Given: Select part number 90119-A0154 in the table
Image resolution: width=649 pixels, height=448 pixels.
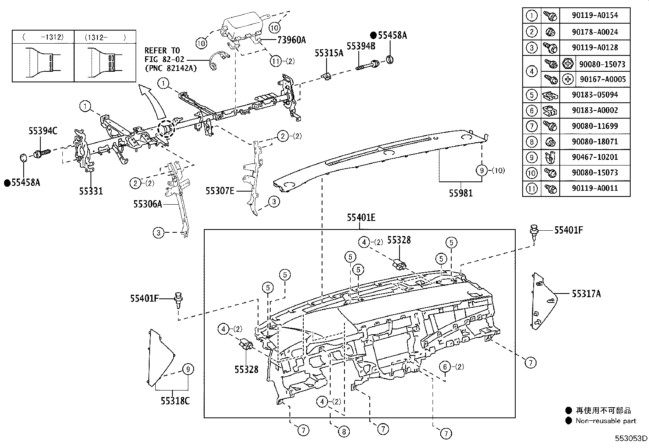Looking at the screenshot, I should coord(594,15).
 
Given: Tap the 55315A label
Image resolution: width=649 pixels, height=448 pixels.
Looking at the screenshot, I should coord(329,53).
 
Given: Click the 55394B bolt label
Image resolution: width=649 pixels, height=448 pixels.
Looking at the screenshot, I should coord(361,46).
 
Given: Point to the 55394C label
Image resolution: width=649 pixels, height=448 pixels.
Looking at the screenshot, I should coord(43,131).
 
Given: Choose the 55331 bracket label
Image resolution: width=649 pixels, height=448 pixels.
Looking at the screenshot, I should coord(91,190).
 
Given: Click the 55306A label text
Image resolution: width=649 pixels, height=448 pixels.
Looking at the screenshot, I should coord(148,204).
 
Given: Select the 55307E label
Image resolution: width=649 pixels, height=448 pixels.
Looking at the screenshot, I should coord(220,190).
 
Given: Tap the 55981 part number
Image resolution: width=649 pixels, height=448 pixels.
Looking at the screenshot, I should coord(461,193).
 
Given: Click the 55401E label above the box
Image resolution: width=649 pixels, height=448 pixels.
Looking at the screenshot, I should coord(361,218).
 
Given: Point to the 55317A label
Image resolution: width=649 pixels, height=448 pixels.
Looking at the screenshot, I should coord(586,294).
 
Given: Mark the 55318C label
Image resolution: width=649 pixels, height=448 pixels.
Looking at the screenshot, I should coord(175,401).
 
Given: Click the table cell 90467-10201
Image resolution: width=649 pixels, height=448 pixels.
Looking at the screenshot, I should coord(594,157).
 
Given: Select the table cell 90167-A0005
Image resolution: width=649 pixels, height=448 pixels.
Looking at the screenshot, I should coord(602,79).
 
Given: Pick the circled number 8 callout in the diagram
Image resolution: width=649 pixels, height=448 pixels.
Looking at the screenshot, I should coord(344,432).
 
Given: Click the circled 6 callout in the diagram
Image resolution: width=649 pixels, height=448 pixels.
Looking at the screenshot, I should coord(445,367).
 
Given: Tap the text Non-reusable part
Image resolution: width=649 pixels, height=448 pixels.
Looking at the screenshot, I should coord(605,421).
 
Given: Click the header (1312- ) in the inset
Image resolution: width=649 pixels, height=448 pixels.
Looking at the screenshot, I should coord(105,37).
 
